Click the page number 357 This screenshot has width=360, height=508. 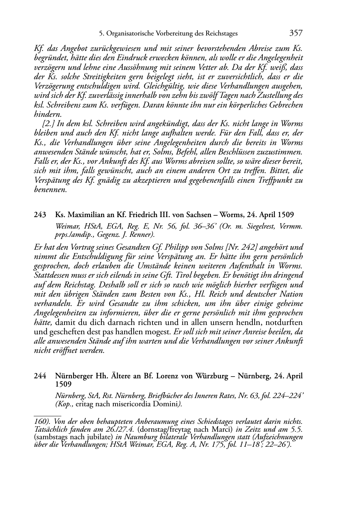[296, 33]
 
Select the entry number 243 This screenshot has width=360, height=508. [40, 215]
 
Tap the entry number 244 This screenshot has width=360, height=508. [40, 376]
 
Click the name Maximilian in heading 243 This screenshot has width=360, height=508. [83, 215]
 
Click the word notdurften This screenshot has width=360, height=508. [283, 322]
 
